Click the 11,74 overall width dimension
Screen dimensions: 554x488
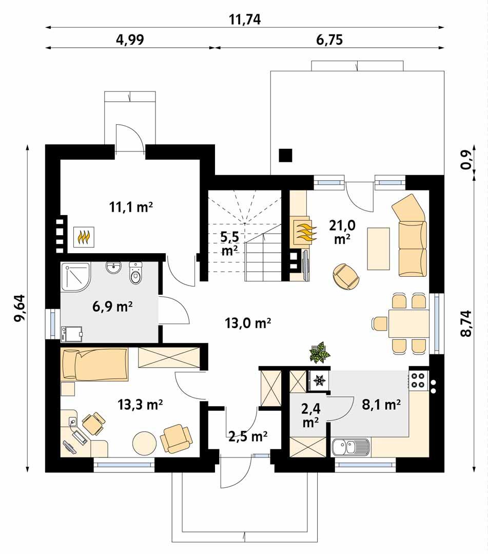[245, 19]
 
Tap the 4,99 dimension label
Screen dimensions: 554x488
[130, 40]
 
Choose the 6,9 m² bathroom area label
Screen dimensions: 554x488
[111, 308]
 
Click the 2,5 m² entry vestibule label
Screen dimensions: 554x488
[247, 437]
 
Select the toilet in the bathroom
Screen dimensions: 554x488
[135, 275]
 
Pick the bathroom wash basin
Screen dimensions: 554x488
[113, 268]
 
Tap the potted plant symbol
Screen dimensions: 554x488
[319, 353]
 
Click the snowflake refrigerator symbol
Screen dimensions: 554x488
[319, 380]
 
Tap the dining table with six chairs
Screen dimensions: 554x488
[408, 323]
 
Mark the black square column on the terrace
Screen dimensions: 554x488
[285, 155]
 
